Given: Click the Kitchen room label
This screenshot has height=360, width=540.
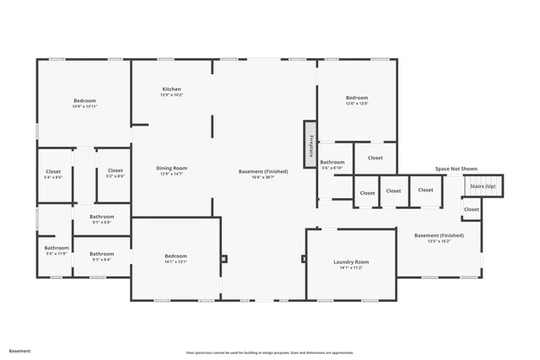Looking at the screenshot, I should click(x=171, y=89).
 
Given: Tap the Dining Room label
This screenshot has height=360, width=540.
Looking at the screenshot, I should click(x=171, y=168).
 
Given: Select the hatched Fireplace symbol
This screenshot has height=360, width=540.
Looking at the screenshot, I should click(x=310, y=139).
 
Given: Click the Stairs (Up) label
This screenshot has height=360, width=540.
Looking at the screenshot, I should click(x=483, y=186).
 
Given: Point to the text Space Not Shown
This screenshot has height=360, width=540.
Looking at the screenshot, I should click(x=456, y=169).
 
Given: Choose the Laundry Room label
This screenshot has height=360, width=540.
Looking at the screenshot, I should click(x=350, y=262).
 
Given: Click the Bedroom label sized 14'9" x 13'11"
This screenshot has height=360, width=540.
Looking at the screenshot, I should click(x=84, y=100).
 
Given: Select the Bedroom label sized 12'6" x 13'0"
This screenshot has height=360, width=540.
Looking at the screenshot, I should click(x=356, y=98).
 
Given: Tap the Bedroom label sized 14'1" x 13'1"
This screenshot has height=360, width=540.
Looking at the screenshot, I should click(x=175, y=255).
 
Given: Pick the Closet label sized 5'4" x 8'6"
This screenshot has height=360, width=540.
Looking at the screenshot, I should click(x=53, y=171).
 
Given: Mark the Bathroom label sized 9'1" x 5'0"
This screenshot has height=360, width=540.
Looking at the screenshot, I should click(x=101, y=217).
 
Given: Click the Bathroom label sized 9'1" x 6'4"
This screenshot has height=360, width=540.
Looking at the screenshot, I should click(x=101, y=253).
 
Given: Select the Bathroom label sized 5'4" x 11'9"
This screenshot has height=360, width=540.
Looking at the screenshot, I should click(x=57, y=248).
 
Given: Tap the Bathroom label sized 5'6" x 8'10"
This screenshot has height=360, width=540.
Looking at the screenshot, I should click(x=332, y=162).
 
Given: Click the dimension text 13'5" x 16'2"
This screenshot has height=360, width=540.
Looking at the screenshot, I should click(x=438, y=241).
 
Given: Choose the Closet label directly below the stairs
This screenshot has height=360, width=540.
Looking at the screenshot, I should click(x=471, y=209).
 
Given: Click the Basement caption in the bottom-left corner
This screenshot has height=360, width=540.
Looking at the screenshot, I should click(x=20, y=351).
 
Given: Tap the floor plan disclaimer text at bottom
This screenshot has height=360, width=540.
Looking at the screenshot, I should click(x=269, y=352).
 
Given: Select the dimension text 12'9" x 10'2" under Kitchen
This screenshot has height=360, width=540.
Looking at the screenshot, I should click(x=171, y=95).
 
